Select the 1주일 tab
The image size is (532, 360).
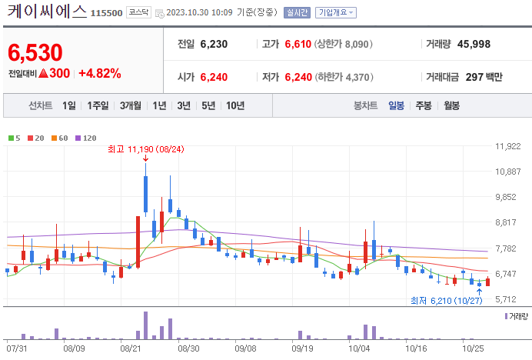[98, 105]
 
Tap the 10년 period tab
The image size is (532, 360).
[235, 105]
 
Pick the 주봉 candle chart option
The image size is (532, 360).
[424, 105]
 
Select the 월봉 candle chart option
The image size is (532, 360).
[451, 105]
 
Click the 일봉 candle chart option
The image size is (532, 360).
[396, 105]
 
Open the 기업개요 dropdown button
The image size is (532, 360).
[337, 13]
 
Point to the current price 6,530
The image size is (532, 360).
[35, 52]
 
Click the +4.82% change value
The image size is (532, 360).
[100, 73]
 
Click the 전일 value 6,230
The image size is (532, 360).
[214, 44]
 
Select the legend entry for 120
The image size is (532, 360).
[86, 138]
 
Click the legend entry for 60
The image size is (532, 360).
[60, 138]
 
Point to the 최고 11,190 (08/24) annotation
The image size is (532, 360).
[145, 148]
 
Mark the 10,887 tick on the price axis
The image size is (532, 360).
[508, 172]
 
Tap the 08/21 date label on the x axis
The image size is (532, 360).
[131, 348]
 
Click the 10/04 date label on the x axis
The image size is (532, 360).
[359, 348]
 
